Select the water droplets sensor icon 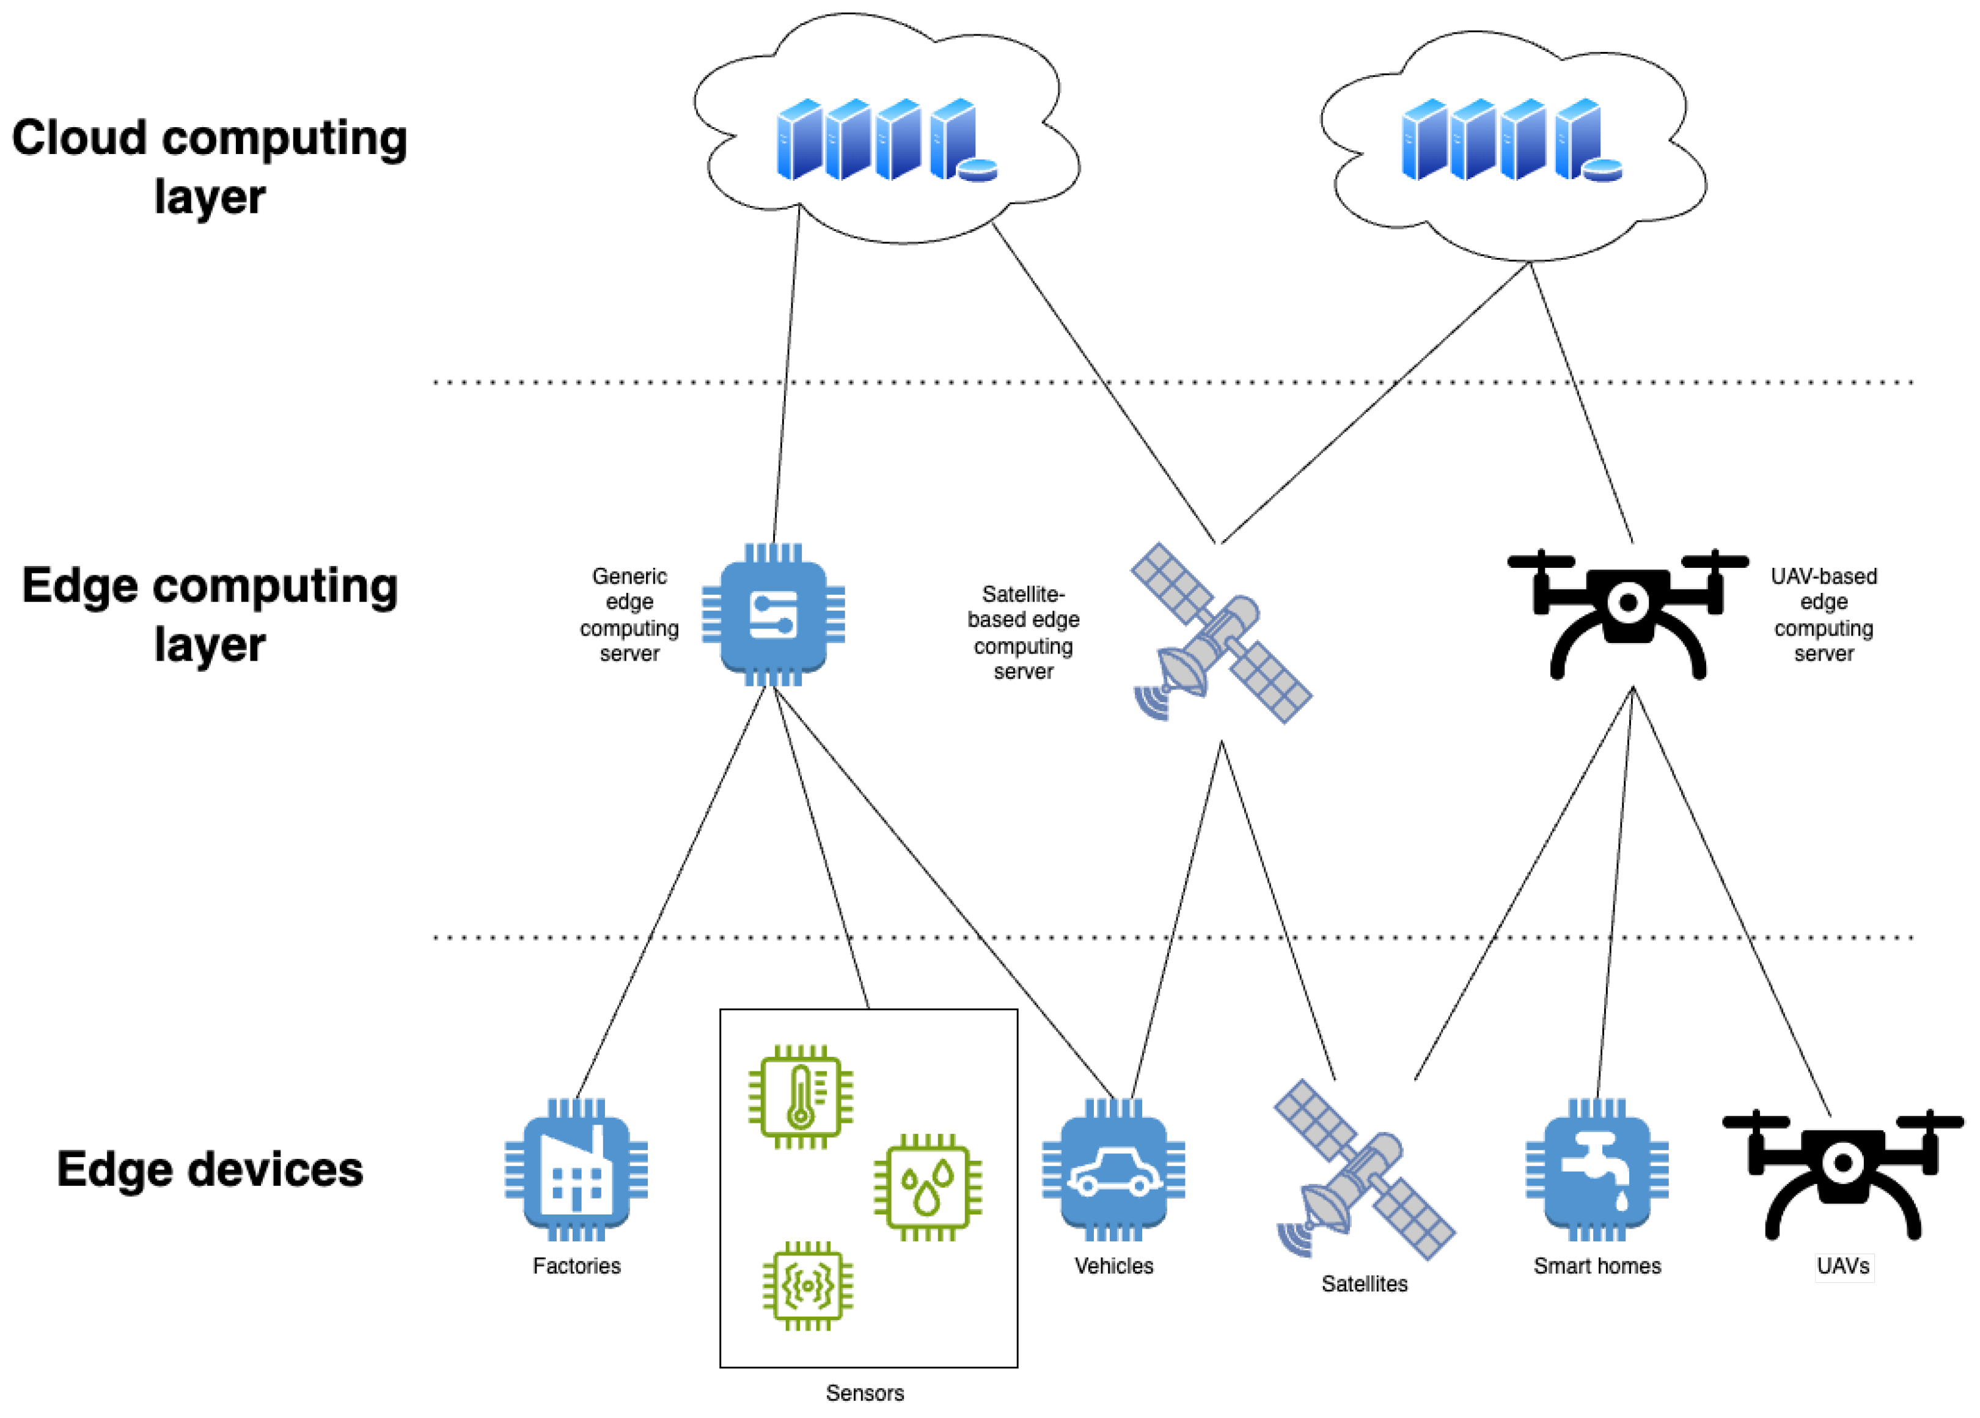(x=927, y=1188)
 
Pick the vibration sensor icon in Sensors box (x=807, y=1286)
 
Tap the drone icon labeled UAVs (x=1842, y=1174)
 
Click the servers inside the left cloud (x=886, y=140)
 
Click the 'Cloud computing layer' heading (x=210, y=166)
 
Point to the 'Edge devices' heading (x=210, y=1169)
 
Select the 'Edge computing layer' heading (x=210, y=615)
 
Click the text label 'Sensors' (x=864, y=1393)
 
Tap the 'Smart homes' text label (x=1597, y=1266)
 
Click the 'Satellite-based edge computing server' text (x=1023, y=633)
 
